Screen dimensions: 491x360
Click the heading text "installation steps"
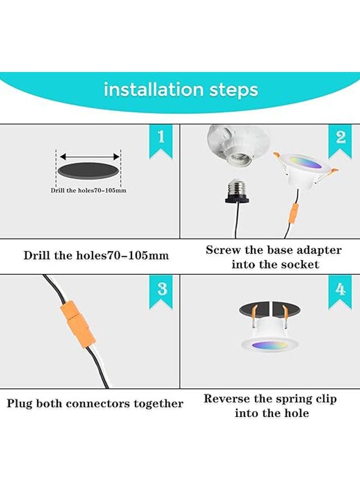tap(181, 89)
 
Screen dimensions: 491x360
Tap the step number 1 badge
tap(160, 137)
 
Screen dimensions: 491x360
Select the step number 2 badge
tap(340, 137)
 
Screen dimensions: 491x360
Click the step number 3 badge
tap(161, 289)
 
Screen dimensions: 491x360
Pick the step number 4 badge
tap(340, 289)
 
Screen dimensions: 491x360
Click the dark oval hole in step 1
tap(88, 171)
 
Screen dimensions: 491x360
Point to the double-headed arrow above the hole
tap(88, 156)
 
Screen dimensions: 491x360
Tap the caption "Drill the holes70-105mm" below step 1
tap(96, 255)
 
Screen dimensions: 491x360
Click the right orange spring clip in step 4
tap(284, 314)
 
